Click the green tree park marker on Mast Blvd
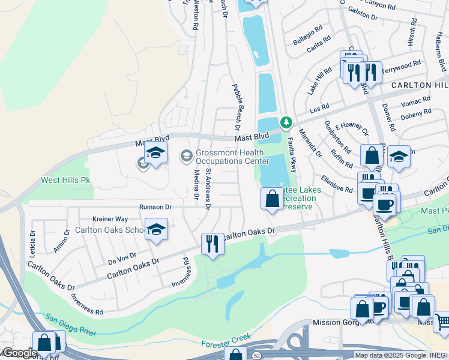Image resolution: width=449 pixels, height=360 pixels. (287, 123)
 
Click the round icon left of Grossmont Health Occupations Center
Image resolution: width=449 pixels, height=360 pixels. (186, 157)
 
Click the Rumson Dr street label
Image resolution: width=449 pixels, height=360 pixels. (155, 206)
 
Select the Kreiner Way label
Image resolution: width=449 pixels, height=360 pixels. (110, 219)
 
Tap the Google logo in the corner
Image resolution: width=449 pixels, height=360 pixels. (19, 353)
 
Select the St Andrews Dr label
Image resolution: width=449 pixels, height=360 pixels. (208, 189)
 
